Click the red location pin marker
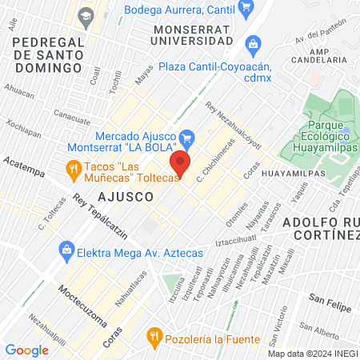[x=181, y=164]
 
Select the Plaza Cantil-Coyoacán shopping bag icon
[x=254, y=43]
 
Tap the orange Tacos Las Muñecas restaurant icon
[x=74, y=168]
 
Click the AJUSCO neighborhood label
[x=126, y=195]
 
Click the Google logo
[x=26, y=350]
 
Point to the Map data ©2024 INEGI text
[x=311, y=354]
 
